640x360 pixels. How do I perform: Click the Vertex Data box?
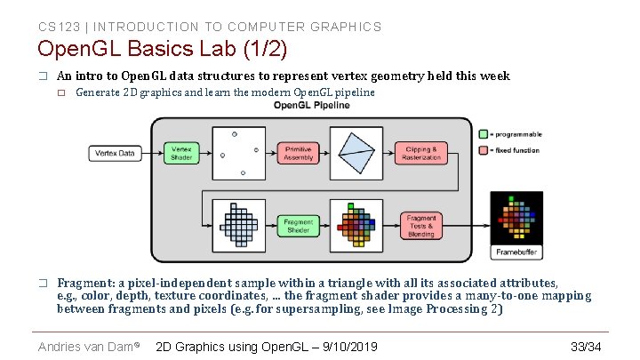(116, 154)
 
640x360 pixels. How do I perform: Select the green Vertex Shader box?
(180, 154)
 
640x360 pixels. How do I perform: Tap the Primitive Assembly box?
(299, 154)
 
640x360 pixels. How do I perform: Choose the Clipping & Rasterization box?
(421, 154)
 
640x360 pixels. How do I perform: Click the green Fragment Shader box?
(299, 226)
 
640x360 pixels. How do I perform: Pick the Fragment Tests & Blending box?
(421, 226)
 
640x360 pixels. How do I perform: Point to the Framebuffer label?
(517, 252)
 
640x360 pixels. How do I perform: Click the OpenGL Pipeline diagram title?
(311, 106)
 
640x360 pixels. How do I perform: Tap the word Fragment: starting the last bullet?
(86, 282)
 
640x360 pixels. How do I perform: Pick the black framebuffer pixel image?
(517, 217)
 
